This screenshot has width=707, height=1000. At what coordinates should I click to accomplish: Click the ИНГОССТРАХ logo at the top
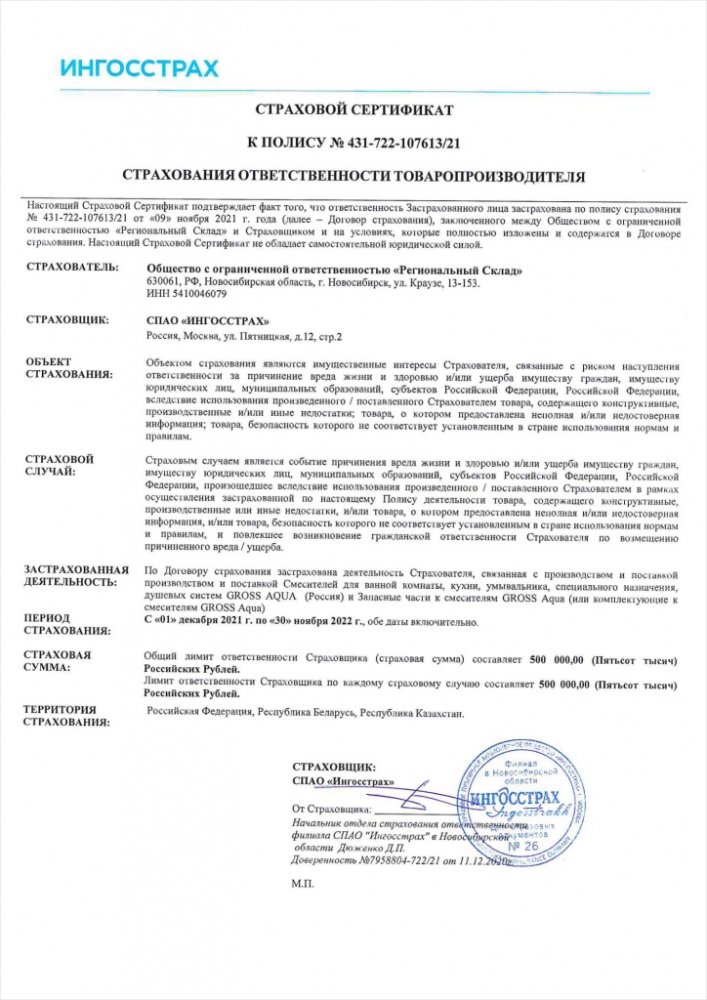139,68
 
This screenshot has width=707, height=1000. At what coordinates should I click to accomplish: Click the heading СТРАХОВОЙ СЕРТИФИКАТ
353,109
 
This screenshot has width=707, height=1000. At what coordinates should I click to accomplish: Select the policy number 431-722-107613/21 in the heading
403,143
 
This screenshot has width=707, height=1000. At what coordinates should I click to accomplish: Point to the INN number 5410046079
186,293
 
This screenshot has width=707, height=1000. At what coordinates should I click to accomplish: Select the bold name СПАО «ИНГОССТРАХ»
205,320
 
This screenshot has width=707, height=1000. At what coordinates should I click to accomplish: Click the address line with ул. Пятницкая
244,336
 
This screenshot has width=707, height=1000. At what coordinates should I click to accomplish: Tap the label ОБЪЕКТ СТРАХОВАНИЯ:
64,368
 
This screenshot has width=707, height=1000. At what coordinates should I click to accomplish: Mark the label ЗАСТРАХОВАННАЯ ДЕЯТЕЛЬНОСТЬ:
77,575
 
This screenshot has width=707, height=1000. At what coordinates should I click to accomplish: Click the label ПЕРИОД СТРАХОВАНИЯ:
64,625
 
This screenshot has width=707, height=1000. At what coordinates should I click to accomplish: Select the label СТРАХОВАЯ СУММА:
61,662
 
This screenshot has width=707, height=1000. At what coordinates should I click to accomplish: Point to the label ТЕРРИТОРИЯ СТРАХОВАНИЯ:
67,716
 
